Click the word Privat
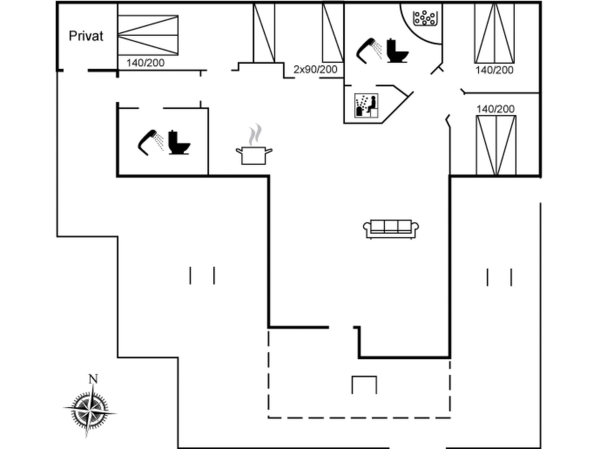86,36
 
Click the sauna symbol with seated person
366,106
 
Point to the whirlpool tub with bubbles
425,19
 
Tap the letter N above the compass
93,379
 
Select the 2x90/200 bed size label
315,70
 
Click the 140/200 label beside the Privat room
145,63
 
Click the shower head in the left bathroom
151,142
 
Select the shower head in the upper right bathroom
369,51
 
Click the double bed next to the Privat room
148,35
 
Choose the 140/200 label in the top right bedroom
494,70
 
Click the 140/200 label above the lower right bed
496,109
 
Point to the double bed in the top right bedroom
494,33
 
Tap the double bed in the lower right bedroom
496,145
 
